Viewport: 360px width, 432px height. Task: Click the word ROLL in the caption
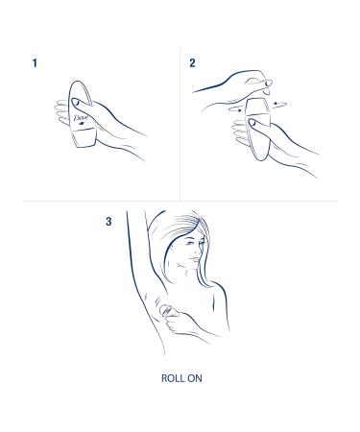click(169, 377)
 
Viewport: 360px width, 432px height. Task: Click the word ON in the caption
click(193, 377)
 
